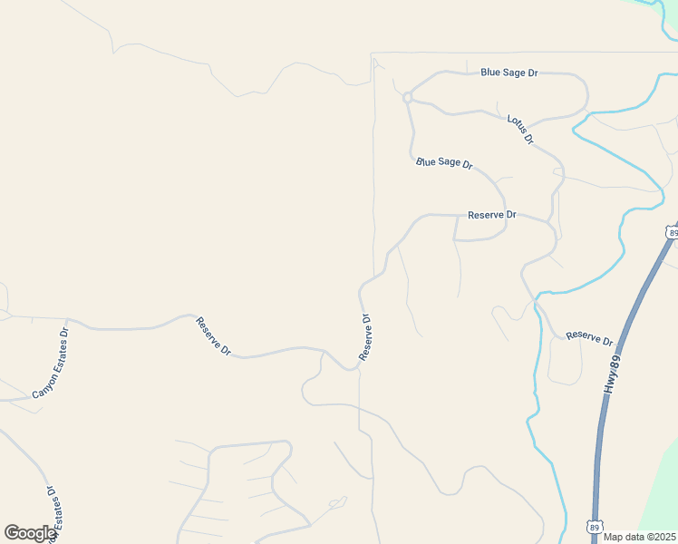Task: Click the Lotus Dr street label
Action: pyautogui.click(x=520, y=130)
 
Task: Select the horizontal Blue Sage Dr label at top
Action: pyautogui.click(x=509, y=72)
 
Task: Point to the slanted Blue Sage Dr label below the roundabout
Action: pyautogui.click(x=444, y=163)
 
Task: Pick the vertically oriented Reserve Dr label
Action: pyautogui.click(x=365, y=337)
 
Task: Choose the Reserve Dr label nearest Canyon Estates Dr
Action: pyautogui.click(x=215, y=336)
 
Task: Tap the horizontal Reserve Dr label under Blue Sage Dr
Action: pyautogui.click(x=491, y=215)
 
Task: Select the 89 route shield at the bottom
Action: pyautogui.click(x=594, y=526)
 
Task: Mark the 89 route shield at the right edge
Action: pyautogui.click(x=672, y=232)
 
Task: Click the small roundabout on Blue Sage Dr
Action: pyautogui.click(x=408, y=97)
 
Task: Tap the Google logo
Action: pyautogui.click(x=30, y=533)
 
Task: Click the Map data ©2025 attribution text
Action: pyautogui.click(x=639, y=537)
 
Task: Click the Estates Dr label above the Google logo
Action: pyautogui.click(x=51, y=512)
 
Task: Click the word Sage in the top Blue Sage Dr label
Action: pyautogui.click(x=514, y=72)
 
